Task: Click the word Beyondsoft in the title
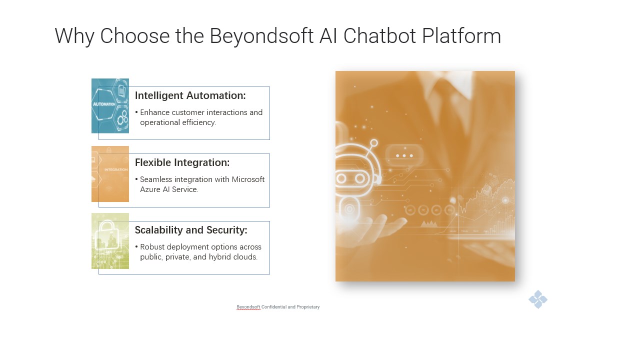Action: click(261, 36)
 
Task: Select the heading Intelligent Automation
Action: click(190, 95)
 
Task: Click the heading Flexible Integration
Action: click(182, 162)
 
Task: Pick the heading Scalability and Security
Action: click(191, 230)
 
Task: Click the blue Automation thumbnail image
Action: click(110, 105)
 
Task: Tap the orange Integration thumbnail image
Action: click(110, 174)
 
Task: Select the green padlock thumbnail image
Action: click(110, 241)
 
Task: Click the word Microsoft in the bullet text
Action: click(248, 179)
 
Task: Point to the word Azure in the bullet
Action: click(150, 189)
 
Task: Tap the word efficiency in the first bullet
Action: click(199, 122)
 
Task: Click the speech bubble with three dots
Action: click(404, 155)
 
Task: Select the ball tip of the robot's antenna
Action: click(374, 143)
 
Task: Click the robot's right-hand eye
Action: click(360, 179)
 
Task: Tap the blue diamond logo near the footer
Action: click(538, 299)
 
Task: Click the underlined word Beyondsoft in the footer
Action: click(248, 307)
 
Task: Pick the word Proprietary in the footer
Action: click(308, 307)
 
